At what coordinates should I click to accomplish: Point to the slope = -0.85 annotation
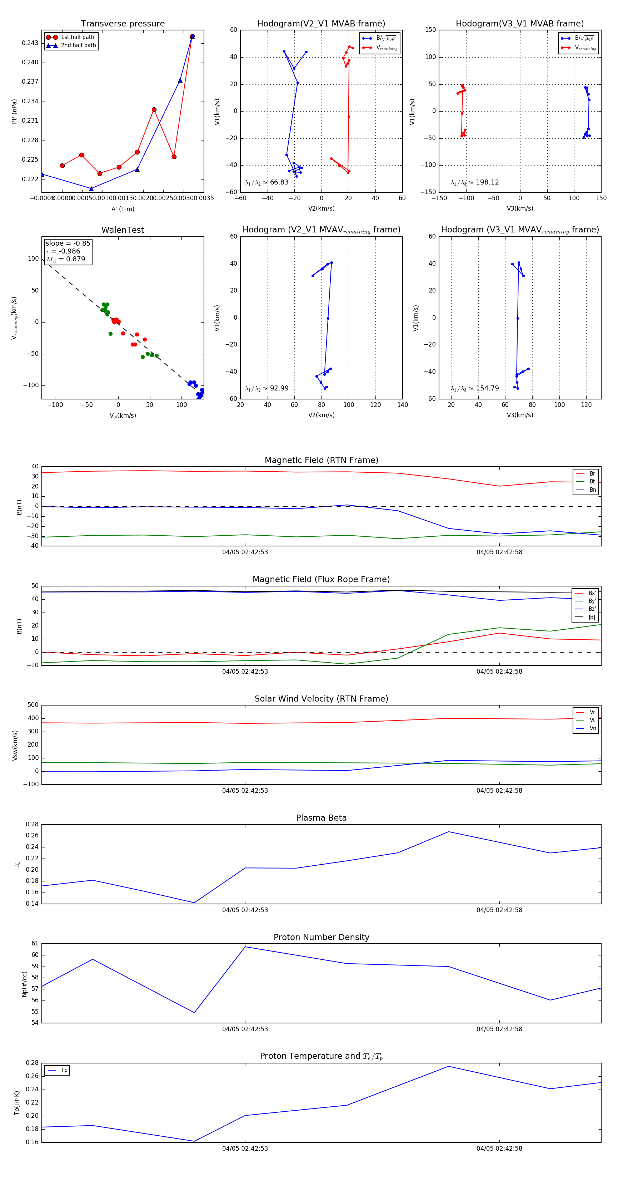point(68,243)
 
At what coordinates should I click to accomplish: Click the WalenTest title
point(123,230)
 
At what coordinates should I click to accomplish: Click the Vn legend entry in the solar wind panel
point(592,728)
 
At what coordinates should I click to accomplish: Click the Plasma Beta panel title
point(321,818)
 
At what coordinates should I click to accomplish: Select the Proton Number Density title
point(321,937)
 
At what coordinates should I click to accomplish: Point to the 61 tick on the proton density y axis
point(35,944)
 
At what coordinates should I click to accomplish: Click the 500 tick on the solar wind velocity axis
point(33,705)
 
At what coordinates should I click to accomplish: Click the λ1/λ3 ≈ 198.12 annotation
point(475,182)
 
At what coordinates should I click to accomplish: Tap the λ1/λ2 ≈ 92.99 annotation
point(267,388)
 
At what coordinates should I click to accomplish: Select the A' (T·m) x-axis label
point(123,209)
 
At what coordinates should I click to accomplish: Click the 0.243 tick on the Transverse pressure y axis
point(30,43)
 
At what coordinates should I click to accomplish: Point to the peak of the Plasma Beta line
point(449,832)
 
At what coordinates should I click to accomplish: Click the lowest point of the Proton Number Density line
point(194,1012)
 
